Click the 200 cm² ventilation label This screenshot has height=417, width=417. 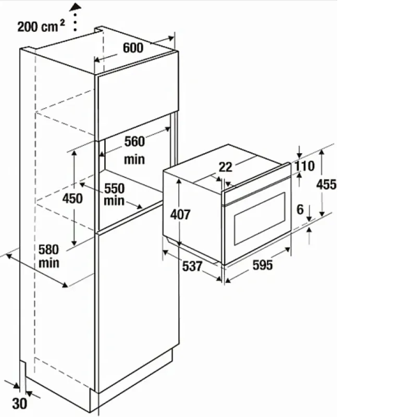pos(41,26)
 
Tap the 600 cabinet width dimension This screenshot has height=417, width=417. pos(133,47)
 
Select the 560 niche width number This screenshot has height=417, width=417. pos(134,141)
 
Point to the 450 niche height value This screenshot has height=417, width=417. pos(72,198)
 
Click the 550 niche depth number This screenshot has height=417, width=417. pos(114,188)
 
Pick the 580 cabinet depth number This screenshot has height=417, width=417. pos(48,250)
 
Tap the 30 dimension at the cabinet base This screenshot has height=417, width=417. pos(19,403)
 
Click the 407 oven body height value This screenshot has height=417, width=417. pos(180,214)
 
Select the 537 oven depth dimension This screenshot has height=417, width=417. pos(192,266)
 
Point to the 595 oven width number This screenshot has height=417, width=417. pos(263,265)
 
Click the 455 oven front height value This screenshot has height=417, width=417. pos(326,184)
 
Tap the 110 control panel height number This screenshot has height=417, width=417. pos(305,166)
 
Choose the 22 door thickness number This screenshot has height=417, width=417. pos(226,167)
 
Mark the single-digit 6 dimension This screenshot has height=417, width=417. pos(300,210)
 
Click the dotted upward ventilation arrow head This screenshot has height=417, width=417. pos(75,7)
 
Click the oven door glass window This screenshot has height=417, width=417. pos(260,218)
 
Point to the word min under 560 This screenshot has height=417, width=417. pos(134,160)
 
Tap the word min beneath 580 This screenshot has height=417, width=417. pos(49,263)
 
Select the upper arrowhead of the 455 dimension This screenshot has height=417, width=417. pos(322,152)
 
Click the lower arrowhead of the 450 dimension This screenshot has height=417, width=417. pos(74,242)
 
